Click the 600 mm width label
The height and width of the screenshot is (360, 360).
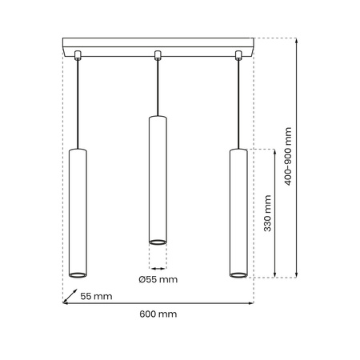click(158, 314)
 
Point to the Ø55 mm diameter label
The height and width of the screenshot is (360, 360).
click(158, 279)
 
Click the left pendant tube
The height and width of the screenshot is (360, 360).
click(78, 212)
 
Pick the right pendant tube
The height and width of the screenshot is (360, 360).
click(238, 212)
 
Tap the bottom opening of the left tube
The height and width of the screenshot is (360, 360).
click(78, 274)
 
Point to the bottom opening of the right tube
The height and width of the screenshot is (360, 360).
click(238, 274)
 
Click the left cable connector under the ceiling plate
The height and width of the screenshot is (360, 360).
click(78, 55)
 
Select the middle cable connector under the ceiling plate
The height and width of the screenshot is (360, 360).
click(158, 55)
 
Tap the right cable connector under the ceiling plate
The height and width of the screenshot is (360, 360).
click(238, 55)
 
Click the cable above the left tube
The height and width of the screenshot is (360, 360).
click(78, 104)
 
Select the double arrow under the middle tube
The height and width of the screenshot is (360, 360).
click(158, 266)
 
